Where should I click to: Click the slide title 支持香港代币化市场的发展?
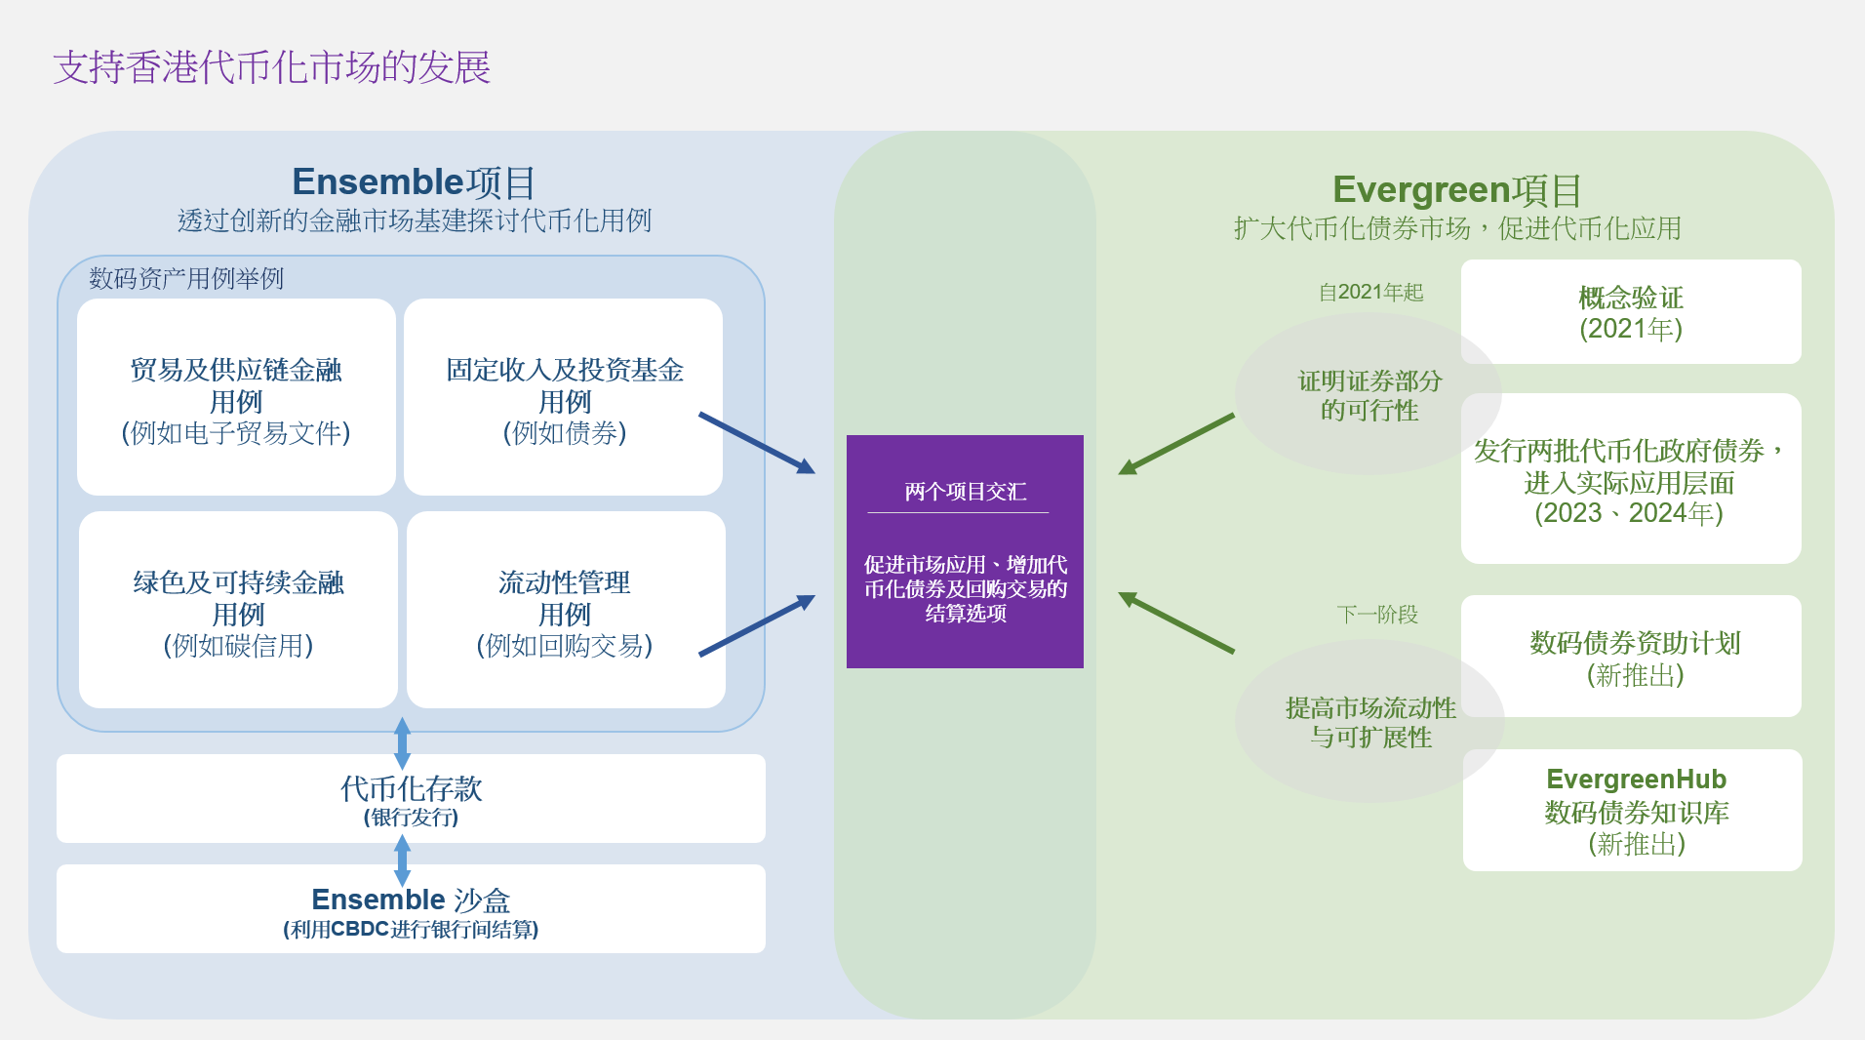coord(272,67)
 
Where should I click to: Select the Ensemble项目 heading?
coord(414,182)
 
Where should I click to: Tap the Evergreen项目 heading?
coord(1456,189)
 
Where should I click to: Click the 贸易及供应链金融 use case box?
coord(236,397)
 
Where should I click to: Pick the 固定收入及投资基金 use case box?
coord(564,397)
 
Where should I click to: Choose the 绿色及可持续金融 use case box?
coord(238,610)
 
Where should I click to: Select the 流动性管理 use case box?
coord(566,610)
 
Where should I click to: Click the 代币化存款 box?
coord(411,798)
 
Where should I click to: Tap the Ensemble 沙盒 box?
coord(411,908)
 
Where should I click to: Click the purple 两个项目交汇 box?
coord(965,551)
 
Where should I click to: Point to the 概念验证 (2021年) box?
coord(1631,312)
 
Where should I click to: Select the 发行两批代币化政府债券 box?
coord(1631,478)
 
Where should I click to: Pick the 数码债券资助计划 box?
coord(1631,657)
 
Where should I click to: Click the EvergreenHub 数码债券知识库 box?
coord(1633,810)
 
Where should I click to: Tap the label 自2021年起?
coord(1370,293)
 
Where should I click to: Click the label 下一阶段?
coord(1377,615)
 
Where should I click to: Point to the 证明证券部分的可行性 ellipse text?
coord(1369,395)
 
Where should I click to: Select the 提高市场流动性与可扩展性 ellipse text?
coord(1370,722)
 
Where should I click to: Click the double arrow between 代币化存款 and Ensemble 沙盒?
coord(402,860)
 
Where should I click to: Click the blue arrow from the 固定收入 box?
coord(757,443)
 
